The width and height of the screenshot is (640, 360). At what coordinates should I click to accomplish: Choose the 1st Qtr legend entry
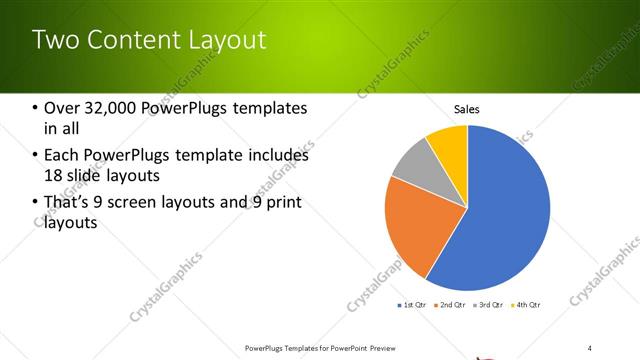click(x=414, y=304)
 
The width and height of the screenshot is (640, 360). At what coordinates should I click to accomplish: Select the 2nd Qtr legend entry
click(x=452, y=304)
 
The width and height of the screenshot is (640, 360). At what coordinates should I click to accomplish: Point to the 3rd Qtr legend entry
click(x=489, y=304)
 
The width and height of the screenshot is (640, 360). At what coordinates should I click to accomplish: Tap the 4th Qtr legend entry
click(x=526, y=304)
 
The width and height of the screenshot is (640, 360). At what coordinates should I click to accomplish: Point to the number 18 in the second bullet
click(x=54, y=176)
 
